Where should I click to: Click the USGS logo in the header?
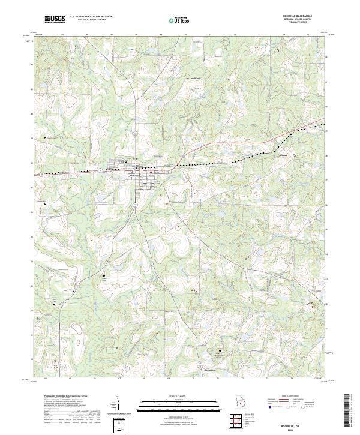[55, 19]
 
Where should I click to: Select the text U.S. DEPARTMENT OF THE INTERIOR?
[91, 17]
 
